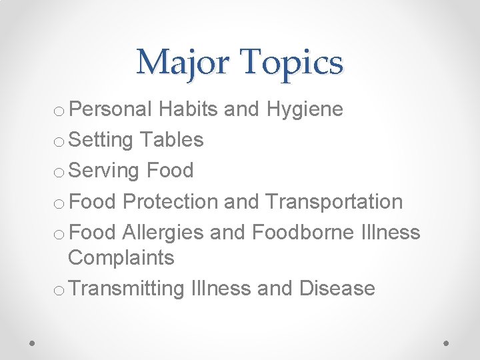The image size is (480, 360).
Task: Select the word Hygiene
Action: [305, 110]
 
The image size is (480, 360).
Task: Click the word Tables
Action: [173, 139]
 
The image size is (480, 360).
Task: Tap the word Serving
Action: [104, 171]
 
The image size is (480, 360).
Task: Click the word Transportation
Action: [334, 201]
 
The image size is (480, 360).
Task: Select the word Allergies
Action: [163, 232]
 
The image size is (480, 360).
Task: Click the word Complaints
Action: [121, 258]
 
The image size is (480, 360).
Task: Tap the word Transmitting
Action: [126, 289]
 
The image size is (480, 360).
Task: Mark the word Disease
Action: [337, 289]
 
